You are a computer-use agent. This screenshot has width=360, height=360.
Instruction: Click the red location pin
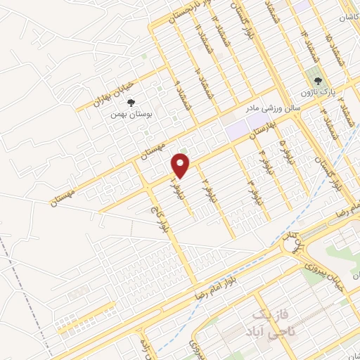(x=181, y=165)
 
